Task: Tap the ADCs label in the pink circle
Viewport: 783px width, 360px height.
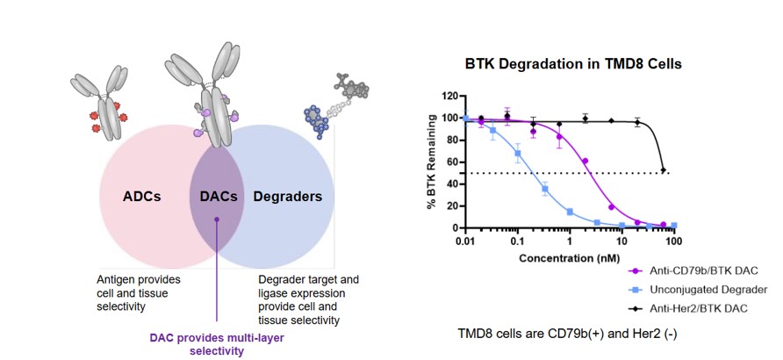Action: (142, 196)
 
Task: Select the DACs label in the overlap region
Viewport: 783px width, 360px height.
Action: (214, 196)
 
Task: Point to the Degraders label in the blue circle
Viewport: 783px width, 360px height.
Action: (289, 196)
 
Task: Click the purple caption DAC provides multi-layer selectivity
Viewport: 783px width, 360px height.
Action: (215, 343)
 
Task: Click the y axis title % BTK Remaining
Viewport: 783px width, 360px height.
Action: (430, 162)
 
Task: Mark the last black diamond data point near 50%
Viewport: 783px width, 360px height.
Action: (664, 169)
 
